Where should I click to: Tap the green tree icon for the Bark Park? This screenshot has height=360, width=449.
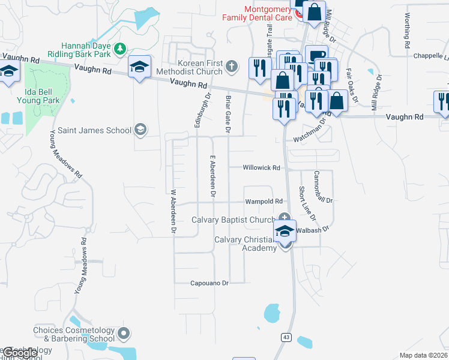121,47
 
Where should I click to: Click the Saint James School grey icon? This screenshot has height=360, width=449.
140,130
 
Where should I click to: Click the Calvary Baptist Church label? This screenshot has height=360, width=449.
233,220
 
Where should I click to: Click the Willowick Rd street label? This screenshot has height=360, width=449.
262,168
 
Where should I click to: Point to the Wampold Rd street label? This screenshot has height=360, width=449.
264,202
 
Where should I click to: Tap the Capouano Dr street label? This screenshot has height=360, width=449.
209,283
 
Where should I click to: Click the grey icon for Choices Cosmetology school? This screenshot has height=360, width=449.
124,332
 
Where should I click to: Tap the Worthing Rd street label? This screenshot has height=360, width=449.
408,31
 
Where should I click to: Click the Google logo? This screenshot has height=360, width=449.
19,353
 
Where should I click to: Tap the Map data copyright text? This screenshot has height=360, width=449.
423,355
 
